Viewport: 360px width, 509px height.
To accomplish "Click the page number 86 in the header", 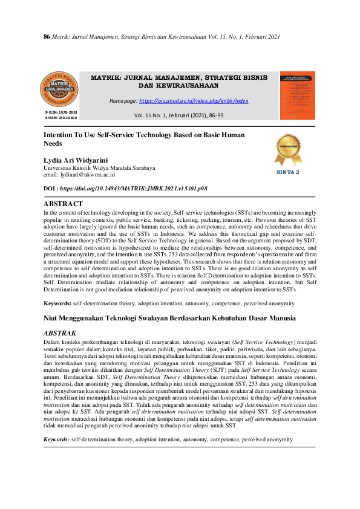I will coord(46,37).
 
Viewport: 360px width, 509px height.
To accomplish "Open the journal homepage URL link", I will coord(194,101).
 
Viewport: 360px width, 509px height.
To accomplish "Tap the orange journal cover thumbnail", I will coord(297,95).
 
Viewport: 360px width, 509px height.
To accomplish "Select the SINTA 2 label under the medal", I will coord(288,172).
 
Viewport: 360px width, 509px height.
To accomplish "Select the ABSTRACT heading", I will coord(64,204).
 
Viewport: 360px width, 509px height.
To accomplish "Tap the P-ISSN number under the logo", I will coord(61,113).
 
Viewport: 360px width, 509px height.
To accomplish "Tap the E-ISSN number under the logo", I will coord(61,118).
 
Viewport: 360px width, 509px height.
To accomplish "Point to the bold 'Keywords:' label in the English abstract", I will coord(58,302).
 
